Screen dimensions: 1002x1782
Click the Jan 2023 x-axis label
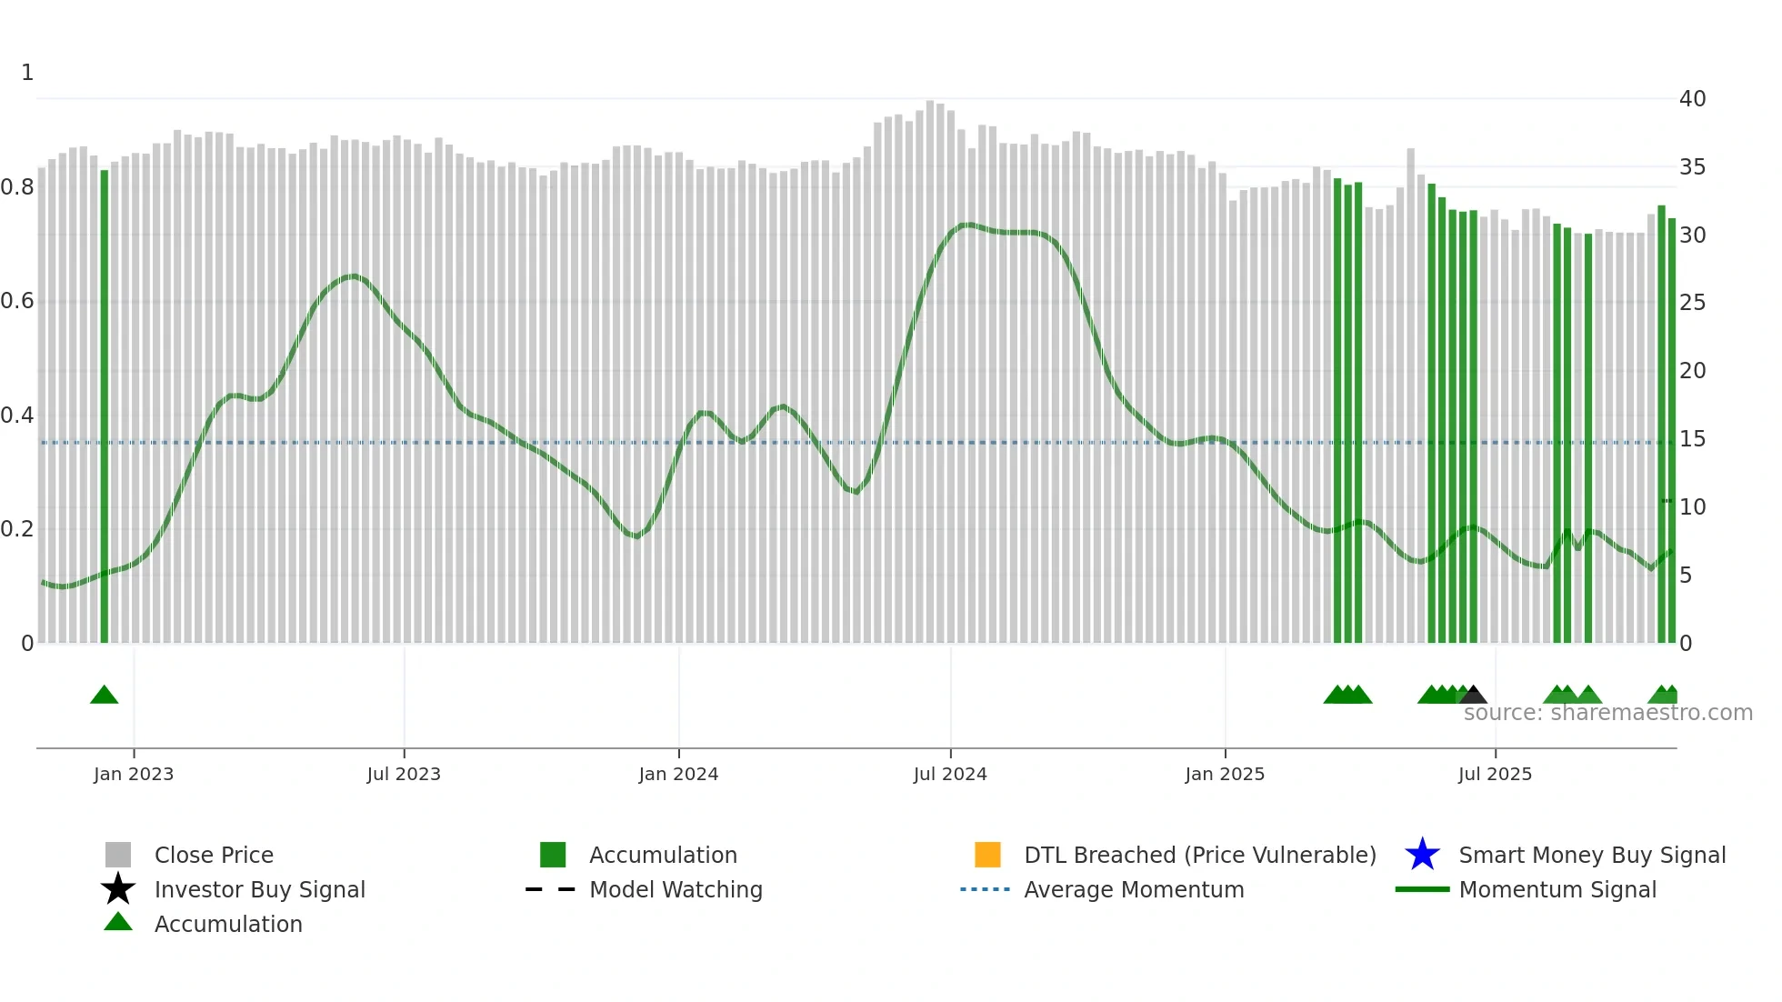[133, 774]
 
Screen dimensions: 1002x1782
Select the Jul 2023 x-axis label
[404, 774]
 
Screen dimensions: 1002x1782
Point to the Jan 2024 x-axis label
[678, 774]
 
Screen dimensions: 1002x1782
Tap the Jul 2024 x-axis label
[950, 774]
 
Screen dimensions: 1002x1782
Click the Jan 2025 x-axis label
[1225, 774]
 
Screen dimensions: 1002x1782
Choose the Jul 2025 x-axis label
[1495, 774]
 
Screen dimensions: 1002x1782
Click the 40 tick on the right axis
[1692, 98]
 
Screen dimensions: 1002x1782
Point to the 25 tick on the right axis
[1692, 302]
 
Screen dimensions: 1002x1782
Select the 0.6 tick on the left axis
[17, 301]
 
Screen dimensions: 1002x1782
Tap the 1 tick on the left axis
[27, 73]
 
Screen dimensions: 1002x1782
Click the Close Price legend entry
[214, 855]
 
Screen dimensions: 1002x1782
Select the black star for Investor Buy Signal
[118, 889]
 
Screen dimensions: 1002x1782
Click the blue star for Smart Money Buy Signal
[1422, 855]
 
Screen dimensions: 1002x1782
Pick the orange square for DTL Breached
[987, 855]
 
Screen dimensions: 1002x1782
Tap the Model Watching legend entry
[676, 889]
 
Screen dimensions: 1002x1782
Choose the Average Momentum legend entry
[1134, 889]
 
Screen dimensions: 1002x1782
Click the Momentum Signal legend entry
[1557, 889]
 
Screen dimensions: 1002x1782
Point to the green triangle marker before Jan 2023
[105, 696]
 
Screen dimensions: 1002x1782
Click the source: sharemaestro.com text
[1607, 713]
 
